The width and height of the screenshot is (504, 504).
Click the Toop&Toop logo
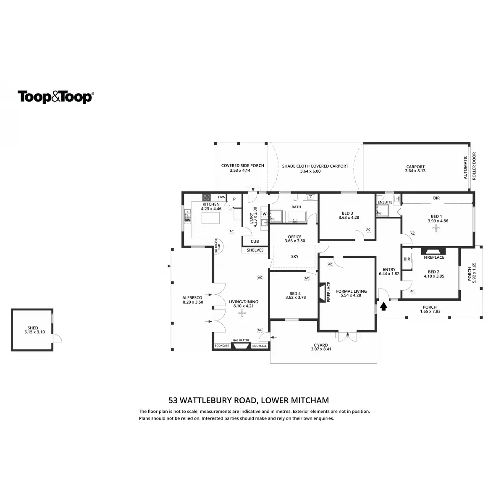coord(55,97)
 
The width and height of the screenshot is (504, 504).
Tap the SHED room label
coord(33,328)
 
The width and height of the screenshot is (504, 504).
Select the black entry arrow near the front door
coord(383,307)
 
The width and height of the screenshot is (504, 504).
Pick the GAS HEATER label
coord(241,341)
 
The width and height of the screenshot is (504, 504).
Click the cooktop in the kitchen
coord(207,197)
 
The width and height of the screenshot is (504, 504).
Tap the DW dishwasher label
coord(187,220)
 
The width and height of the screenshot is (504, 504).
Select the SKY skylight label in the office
coord(294,256)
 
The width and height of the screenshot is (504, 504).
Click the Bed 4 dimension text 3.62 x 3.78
coord(294,298)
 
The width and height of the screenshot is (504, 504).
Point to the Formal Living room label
coord(351,291)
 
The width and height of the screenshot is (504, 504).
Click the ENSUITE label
coord(385,202)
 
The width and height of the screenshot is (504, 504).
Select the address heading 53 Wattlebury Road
coord(248,400)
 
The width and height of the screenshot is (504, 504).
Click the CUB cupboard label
coord(255,241)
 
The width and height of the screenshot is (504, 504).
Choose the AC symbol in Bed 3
coord(368,230)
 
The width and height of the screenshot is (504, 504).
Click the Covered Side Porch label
coord(242,165)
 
